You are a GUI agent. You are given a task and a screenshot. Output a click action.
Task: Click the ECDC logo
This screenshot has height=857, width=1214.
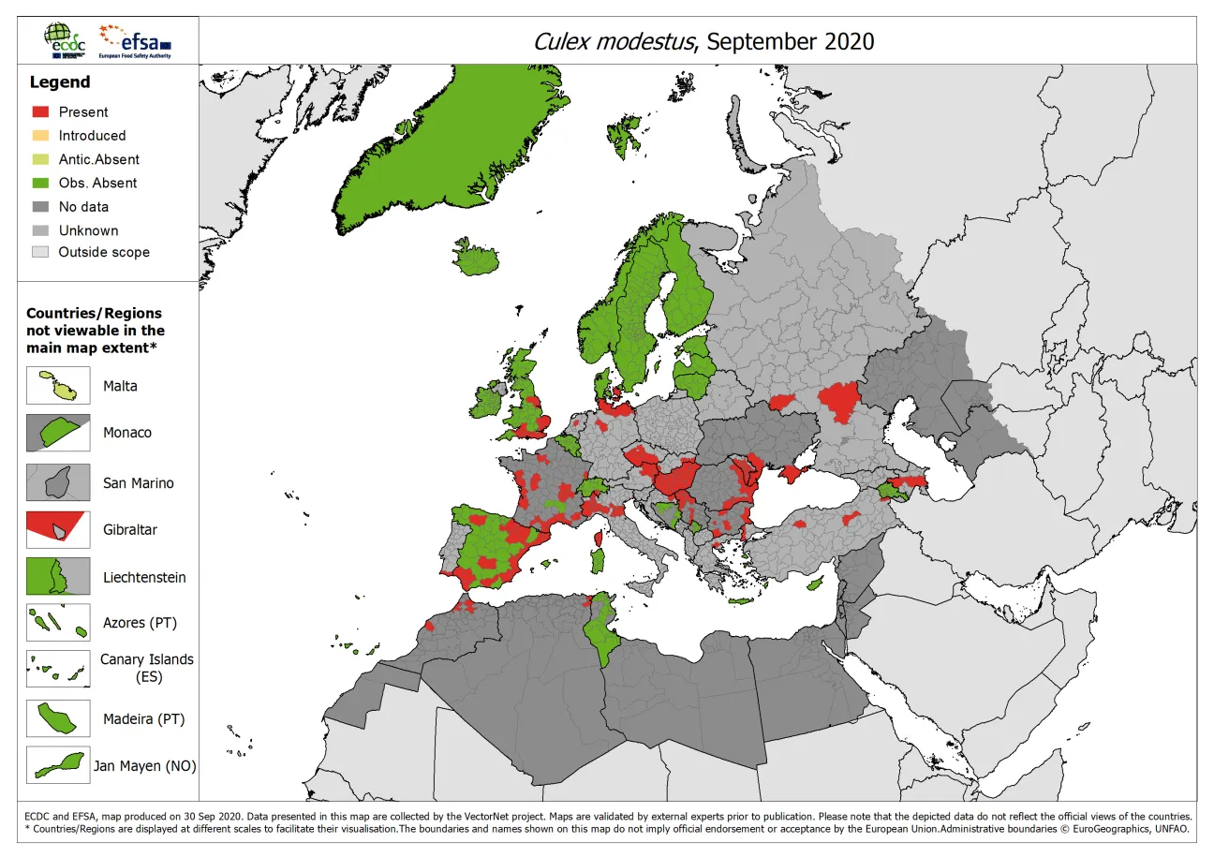(x=67, y=40)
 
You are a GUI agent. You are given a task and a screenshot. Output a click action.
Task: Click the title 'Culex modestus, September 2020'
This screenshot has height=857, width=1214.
(x=703, y=41)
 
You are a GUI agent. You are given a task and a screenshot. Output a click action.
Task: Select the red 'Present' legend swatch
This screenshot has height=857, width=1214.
(x=40, y=111)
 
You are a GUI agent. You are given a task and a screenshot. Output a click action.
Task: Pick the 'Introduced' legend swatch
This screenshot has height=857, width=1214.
(x=40, y=136)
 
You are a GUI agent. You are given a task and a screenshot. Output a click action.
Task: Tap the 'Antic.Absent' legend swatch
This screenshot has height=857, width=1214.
(x=40, y=159)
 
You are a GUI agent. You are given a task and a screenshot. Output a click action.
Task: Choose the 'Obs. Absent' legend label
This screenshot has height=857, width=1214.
(x=97, y=183)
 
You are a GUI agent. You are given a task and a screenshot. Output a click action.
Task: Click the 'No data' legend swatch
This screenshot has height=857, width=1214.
(x=40, y=207)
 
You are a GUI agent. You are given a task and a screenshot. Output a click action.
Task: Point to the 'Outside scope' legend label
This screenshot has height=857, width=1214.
(x=103, y=252)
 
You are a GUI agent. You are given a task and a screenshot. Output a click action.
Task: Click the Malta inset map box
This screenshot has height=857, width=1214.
(x=58, y=386)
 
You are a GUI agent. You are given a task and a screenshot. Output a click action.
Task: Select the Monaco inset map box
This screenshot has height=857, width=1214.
(x=58, y=433)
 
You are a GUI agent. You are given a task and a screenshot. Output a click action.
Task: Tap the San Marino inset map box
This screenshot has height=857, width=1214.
(x=58, y=482)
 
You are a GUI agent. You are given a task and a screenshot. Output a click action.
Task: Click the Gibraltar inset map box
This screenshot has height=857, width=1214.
(x=58, y=529)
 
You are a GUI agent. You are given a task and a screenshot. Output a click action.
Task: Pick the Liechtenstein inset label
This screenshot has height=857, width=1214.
(x=144, y=577)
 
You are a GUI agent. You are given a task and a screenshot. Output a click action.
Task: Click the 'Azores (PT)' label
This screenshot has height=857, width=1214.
(x=140, y=622)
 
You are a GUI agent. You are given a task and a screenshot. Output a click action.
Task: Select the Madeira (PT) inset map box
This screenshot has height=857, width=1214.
(x=58, y=719)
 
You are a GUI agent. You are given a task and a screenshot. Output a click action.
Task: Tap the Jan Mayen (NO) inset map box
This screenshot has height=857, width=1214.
(x=58, y=765)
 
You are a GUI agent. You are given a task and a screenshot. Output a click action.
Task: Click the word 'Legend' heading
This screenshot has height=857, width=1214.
(x=60, y=82)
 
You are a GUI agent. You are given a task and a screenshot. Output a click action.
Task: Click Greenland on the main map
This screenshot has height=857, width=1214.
(x=440, y=140)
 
